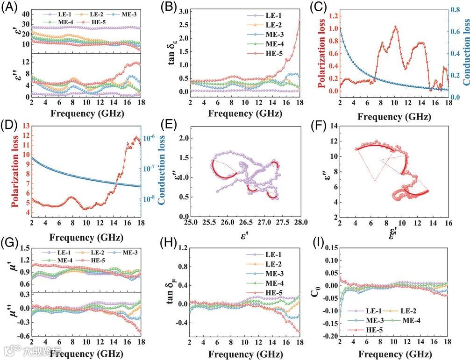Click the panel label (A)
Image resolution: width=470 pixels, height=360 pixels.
point(9,7)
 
